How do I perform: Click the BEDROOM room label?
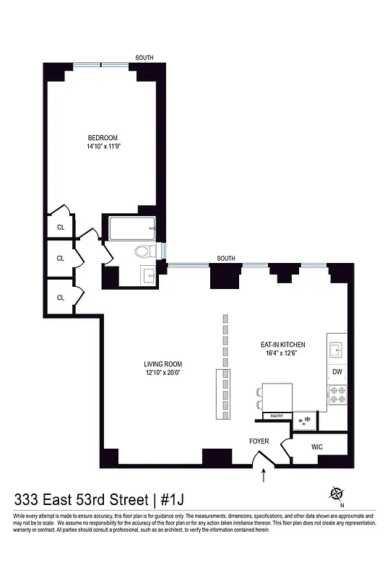click(x=103, y=138)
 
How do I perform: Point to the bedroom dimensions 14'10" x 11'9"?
click(x=103, y=147)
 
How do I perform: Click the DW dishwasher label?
click(x=337, y=371)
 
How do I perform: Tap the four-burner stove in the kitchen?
click(x=337, y=395)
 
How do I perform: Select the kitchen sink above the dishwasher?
click(x=336, y=350)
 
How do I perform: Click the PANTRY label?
click(x=276, y=416)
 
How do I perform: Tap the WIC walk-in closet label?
click(x=318, y=447)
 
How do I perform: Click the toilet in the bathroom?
click(x=146, y=252)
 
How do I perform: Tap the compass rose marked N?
click(x=337, y=494)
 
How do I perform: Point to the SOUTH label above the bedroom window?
click(x=144, y=58)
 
